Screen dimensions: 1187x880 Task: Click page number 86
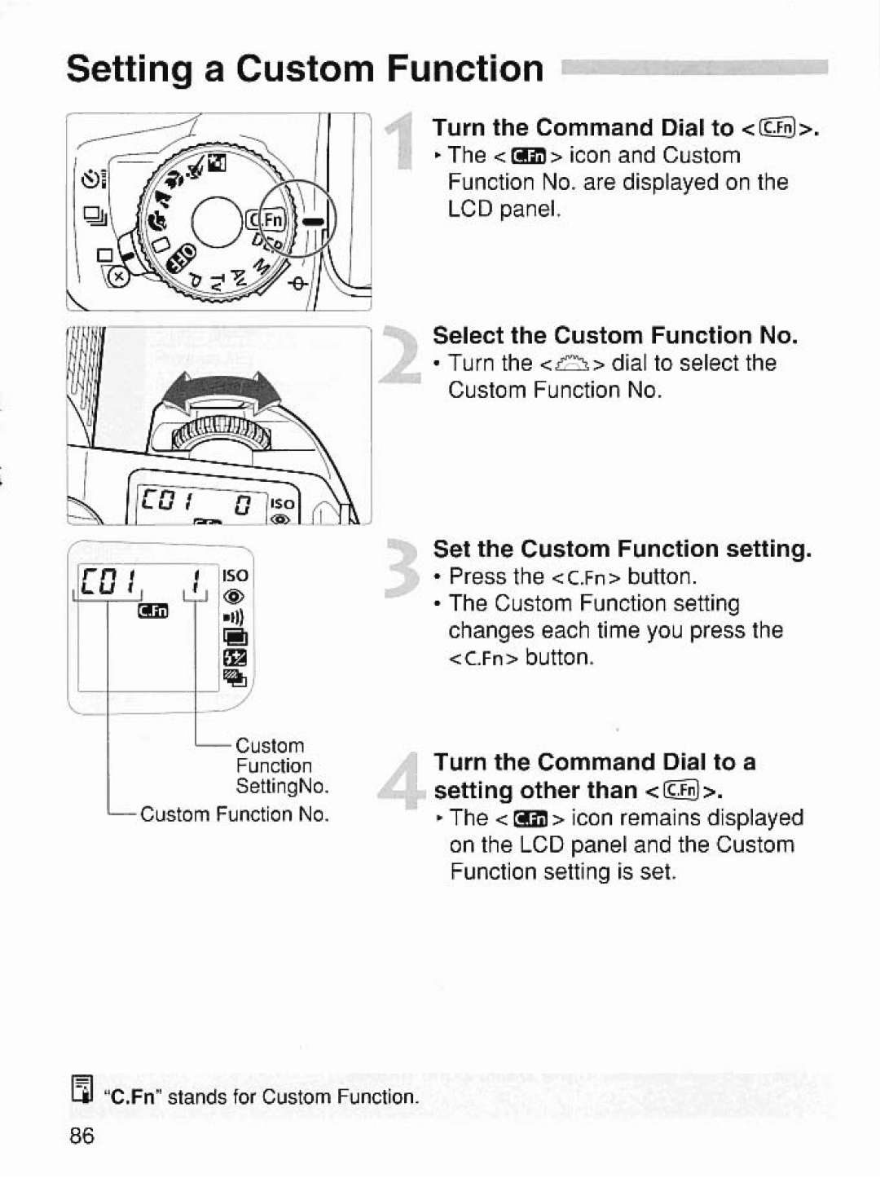pos(82,1136)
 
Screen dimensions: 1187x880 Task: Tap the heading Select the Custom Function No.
pos(615,335)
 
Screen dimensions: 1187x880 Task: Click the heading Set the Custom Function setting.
pos(623,549)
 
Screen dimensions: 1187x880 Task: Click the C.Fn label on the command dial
pos(268,220)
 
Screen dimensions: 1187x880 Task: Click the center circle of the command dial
pos(219,221)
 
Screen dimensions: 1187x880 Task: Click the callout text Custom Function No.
pos(235,814)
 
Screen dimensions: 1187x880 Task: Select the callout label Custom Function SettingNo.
pos(281,766)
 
